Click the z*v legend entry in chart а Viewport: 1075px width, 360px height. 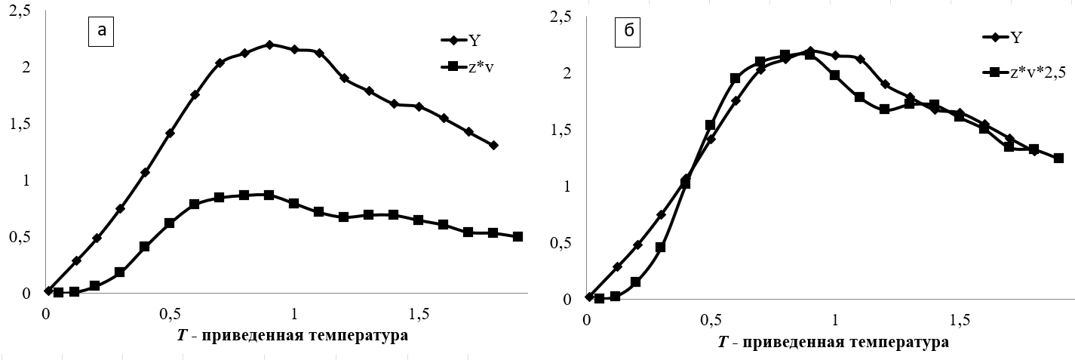coord(483,67)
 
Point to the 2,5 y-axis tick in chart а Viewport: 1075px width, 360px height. coord(17,11)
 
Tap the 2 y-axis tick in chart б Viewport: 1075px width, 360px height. coord(564,74)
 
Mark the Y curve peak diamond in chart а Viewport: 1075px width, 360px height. coord(269,45)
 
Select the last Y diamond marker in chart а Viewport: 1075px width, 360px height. coord(493,145)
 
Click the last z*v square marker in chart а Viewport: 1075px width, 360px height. coord(518,236)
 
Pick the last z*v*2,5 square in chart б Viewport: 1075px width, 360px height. coord(1058,158)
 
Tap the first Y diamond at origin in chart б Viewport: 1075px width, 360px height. coord(589,297)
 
